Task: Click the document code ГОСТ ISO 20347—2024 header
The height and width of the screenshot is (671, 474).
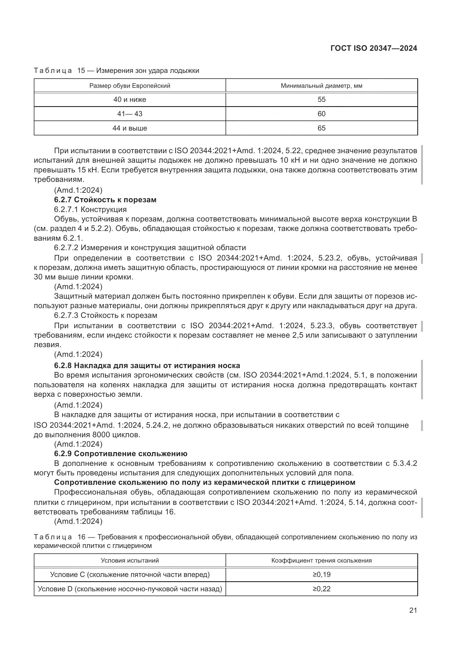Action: coord(374,48)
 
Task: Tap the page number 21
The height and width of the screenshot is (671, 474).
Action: coord(413,610)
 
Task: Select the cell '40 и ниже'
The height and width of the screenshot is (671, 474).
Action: coord(130,100)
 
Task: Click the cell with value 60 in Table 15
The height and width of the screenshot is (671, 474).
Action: coord(321,114)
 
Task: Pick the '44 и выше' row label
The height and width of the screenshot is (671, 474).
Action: coord(130,128)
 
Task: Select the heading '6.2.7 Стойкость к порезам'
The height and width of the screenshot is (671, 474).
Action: coord(105,200)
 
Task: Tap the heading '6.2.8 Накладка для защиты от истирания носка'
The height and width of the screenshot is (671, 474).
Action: coord(147,365)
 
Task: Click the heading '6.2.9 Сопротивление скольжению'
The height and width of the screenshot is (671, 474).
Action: coord(121,454)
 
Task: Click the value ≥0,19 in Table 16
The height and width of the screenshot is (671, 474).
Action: coord(321,575)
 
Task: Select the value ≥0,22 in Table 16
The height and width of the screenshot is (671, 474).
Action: coord(321,589)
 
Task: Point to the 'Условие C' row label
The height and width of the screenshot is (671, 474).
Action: coord(130,575)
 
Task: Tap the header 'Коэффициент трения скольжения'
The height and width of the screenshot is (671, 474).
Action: coord(321,561)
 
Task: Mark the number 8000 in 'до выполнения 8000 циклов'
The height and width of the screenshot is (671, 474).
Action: coord(101,435)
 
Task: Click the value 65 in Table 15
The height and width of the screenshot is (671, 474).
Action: coord(321,128)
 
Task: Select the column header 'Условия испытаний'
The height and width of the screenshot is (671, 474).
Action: coord(130,561)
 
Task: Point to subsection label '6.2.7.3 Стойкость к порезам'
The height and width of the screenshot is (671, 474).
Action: coord(105,316)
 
